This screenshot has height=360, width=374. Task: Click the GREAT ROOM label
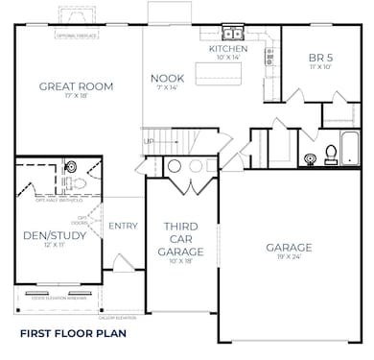click(x=76, y=86)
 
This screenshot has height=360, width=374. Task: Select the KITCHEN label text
click(x=227, y=48)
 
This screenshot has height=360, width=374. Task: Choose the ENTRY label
click(x=123, y=226)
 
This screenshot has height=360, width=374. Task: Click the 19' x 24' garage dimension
click(x=288, y=259)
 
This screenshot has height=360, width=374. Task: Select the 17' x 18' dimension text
click(x=76, y=98)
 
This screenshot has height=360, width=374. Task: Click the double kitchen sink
click(x=233, y=33)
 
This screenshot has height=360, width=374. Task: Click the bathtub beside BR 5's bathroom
click(x=348, y=149)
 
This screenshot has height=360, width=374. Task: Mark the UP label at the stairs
click(x=148, y=142)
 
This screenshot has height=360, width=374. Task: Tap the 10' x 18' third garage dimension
click(x=180, y=260)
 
